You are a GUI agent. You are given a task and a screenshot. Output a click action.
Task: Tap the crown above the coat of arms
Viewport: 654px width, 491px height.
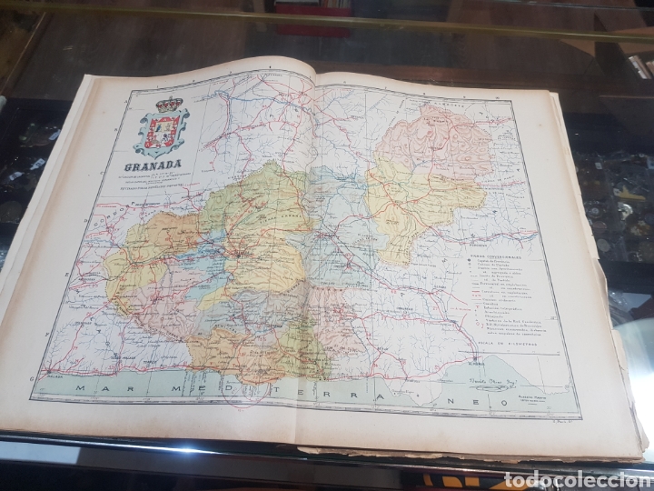pos(167,104)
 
